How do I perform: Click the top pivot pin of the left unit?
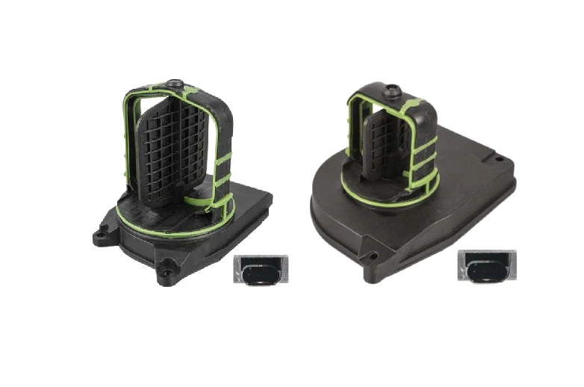tap(175, 84)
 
